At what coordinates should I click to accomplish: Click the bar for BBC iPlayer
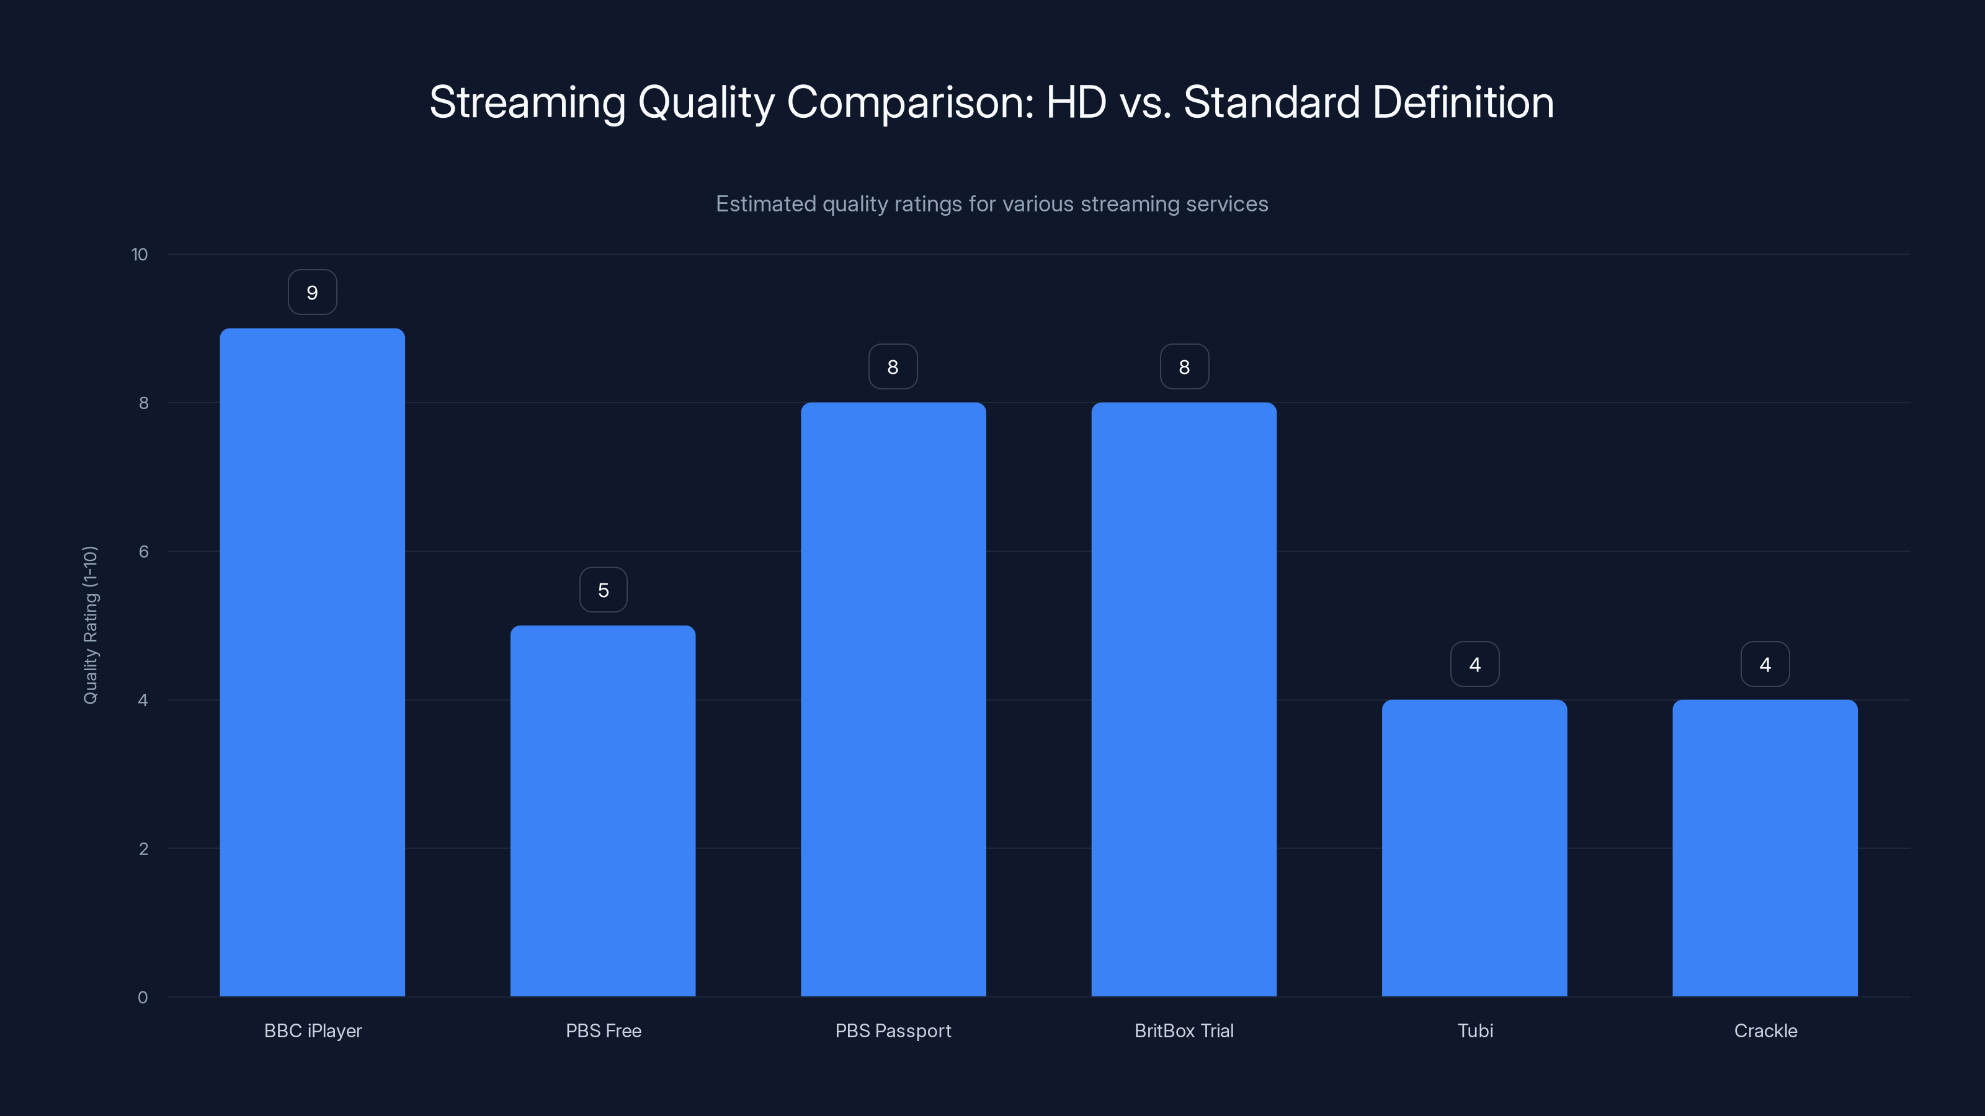pos(312,662)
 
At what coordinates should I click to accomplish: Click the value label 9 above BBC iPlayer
pos(312,293)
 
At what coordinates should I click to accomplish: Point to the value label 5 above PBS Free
pos(604,590)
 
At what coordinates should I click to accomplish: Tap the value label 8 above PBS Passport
pos(893,368)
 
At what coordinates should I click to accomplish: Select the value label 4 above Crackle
pos(1765,665)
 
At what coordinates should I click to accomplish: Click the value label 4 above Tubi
pos(1474,665)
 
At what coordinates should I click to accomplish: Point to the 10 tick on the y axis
pos(140,255)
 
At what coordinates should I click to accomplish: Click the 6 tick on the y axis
pos(143,551)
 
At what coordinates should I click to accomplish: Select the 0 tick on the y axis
pos(143,998)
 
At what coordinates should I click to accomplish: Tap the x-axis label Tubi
pos(1475,1030)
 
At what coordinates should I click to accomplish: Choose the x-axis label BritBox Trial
pos(1184,1030)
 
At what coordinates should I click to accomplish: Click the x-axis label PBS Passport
pos(893,1030)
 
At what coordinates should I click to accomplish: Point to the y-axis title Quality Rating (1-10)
pos(90,624)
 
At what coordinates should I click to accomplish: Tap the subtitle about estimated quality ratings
pos(992,204)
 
